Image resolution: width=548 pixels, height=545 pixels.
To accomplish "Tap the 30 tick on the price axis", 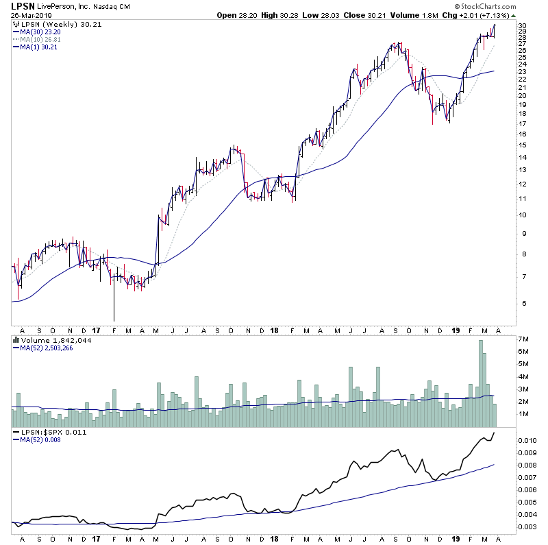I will tap(522, 26).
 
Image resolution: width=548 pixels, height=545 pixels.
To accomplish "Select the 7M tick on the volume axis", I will tap(523, 339).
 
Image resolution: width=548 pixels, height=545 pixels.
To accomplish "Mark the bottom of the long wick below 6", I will tap(114, 321).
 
